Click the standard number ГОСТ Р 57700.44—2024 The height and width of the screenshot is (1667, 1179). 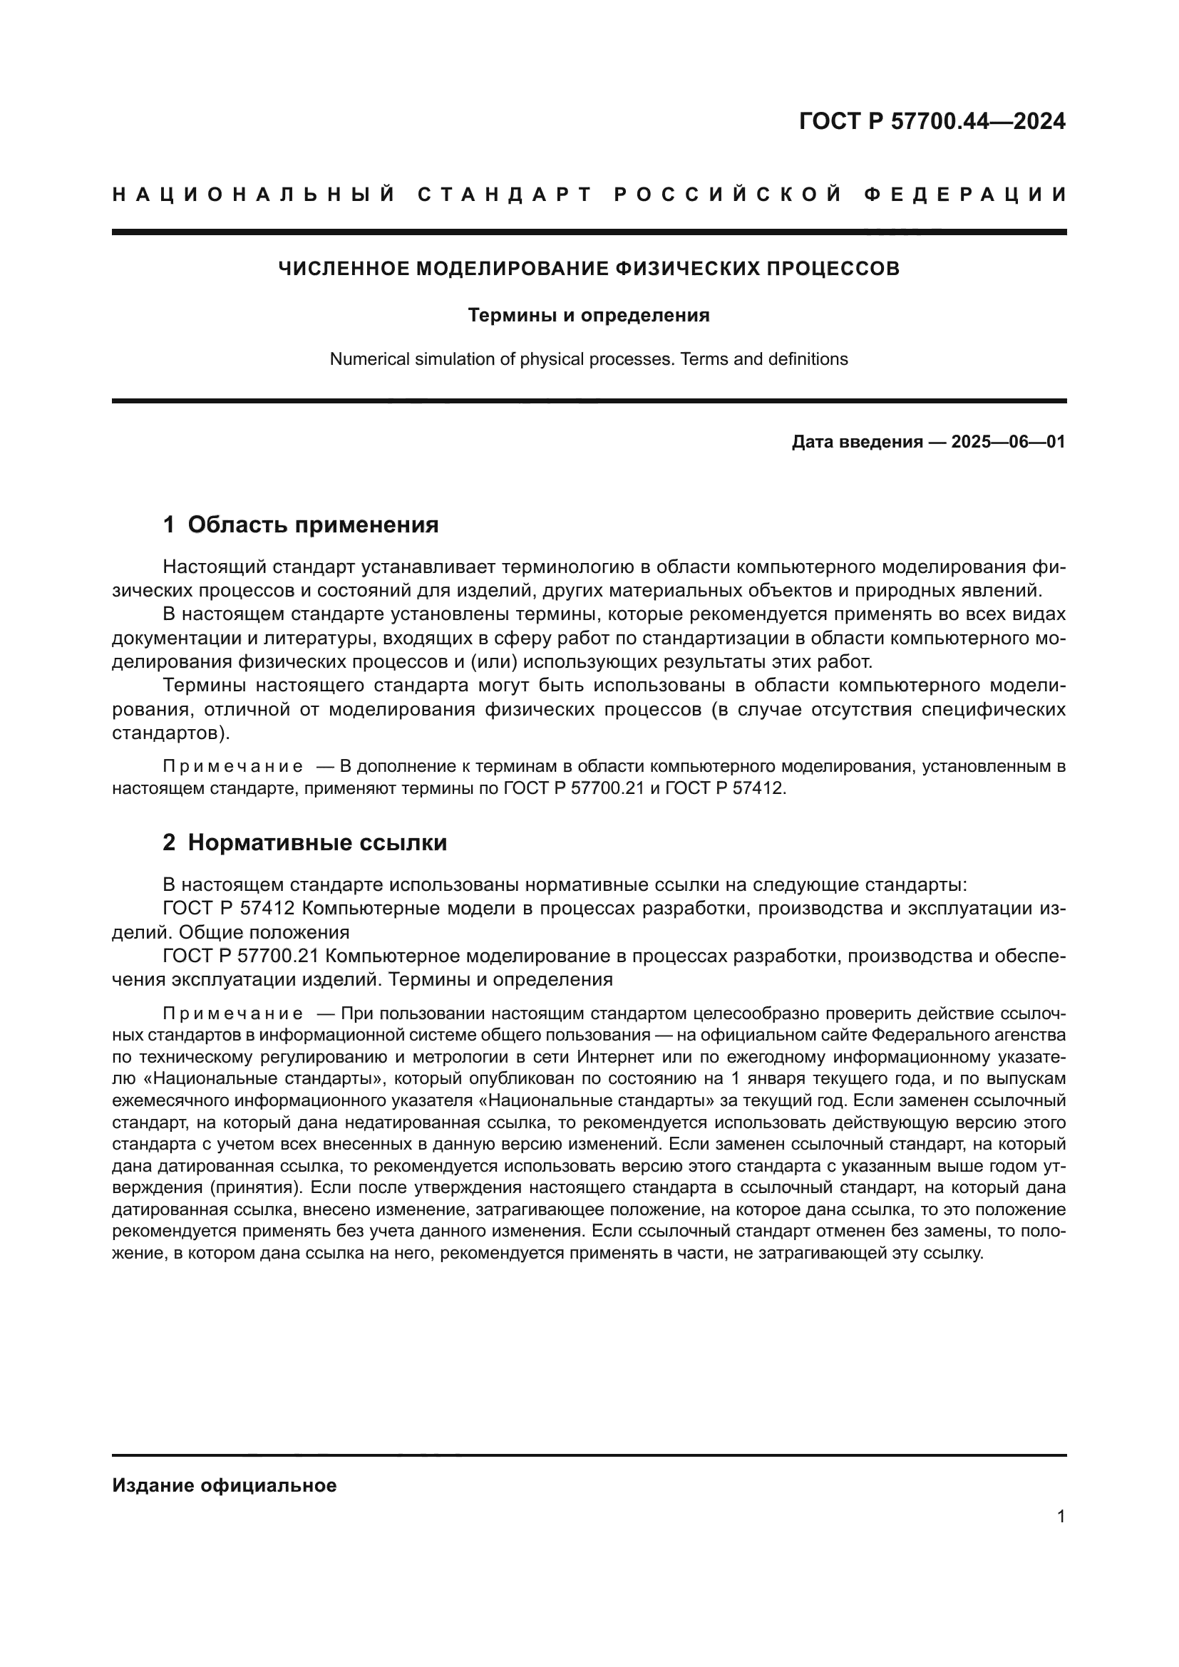[x=932, y=121]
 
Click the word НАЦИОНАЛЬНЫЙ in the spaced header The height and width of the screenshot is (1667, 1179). [x=254, y=195]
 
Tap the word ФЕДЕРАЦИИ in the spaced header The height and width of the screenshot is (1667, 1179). [x=966, y=195]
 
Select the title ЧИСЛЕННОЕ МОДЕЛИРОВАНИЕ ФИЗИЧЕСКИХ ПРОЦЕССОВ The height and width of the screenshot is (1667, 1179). [x=589, y=269]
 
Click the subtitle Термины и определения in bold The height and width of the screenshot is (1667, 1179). [x=589, y=315]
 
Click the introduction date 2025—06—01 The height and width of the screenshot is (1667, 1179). [x=1008, y=441]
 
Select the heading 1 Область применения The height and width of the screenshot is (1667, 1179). [x=301, y=525]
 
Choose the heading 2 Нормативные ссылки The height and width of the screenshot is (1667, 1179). [x=305, y=842]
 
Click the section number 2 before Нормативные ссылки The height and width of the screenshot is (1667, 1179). [x=169, y=842]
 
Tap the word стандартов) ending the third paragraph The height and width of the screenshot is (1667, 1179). [x=170, y=733]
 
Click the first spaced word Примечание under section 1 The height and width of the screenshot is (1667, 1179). [x=232, y=767]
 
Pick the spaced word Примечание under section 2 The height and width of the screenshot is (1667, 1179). [x=232, y=1013]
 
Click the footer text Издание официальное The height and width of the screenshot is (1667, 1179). [x=225, y=1485]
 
